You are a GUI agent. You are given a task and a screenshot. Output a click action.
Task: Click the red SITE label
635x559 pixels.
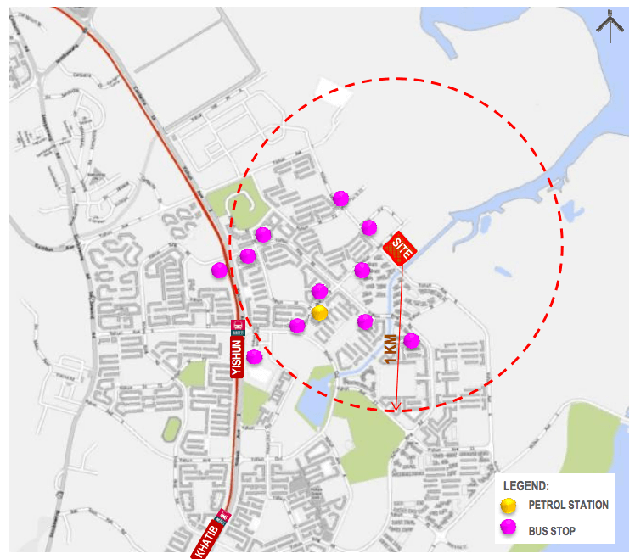coord(399,248)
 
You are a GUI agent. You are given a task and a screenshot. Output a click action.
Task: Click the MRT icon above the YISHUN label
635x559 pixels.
coord(239,326)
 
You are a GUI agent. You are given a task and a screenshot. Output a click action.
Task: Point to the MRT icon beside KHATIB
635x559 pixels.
coord(224,514)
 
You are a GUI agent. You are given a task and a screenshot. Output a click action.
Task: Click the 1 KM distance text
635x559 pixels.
coord(390,349)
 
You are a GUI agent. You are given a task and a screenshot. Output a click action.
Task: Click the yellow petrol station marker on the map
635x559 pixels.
coord(319,313)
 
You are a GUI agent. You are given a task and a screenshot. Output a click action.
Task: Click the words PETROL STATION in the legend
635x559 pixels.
coord(568,505)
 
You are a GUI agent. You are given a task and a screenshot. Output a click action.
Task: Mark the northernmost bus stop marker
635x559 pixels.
coord(340,198)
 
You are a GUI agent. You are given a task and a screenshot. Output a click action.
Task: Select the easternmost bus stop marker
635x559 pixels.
coord(411,340)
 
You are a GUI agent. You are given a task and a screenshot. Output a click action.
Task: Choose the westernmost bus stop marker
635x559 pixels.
coord(219,270)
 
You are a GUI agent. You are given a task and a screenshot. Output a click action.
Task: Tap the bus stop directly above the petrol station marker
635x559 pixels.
coord(319,291)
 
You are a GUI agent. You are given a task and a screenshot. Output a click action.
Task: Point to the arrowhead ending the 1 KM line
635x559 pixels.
coord(396,407)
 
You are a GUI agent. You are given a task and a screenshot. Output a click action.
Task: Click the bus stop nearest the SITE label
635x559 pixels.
coord(368,226)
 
